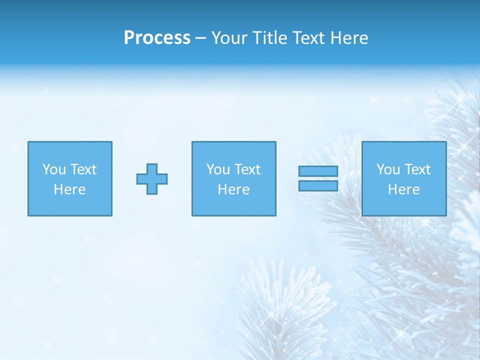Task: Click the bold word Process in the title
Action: (157, 38)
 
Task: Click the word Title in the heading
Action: (269, 38)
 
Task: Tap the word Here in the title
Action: (348, 38)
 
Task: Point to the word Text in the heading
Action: (307, 38)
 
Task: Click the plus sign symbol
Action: (152, 179)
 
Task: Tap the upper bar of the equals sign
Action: (318, 171)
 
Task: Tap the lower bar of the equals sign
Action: (318, 185)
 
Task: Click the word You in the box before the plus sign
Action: (54, 169)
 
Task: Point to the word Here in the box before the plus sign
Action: (70, 189)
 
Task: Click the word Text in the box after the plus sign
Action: (248, 169)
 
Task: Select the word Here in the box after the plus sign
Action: (234, 189)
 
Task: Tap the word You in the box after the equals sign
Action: (388, 169)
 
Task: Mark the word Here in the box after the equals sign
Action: (404, 189)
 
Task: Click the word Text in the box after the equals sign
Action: (418, 169)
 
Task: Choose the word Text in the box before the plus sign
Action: (84, 169)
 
